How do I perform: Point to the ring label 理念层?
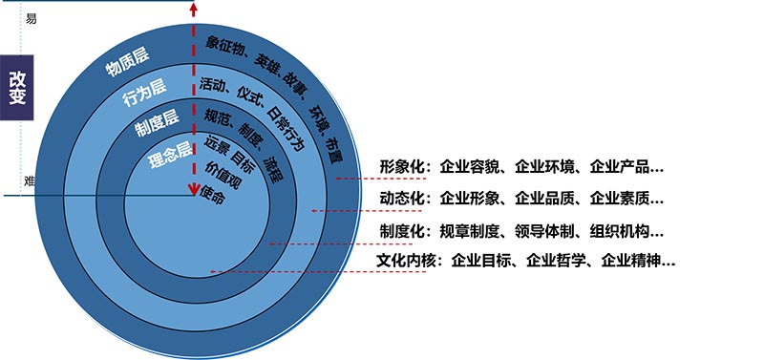pyautogui.click(x=172, y=154)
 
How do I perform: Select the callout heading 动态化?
pyautogui.click(x=402, y=200)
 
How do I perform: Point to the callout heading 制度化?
pyautogui.click(x=402, y=230)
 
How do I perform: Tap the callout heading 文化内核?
pyautogui.click(x=409, y=260)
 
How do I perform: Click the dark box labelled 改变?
pyautogui.click(x=17, y=88)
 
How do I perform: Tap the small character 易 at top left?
pyautogui.click(x=31, y=18)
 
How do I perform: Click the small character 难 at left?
pyautogui.click(x=31, y=180)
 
